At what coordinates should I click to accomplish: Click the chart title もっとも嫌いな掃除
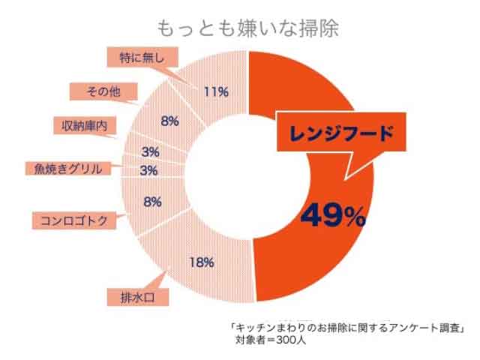(247, 28)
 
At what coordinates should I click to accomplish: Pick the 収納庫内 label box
(84, 125)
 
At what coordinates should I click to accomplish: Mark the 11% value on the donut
(215, 91)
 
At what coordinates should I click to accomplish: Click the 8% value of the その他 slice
(169, 120)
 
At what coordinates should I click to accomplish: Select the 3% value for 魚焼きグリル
(148, 170)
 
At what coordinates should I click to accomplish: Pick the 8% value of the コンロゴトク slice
(152, 202)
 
